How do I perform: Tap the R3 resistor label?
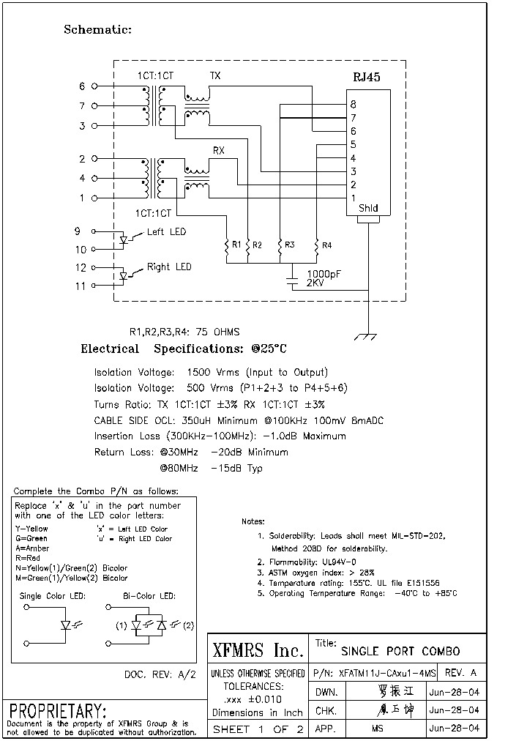tap(289, 245)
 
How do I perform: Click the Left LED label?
tap(166, 232)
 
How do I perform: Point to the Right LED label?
tap(169, 267)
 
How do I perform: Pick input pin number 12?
tap(81, 268)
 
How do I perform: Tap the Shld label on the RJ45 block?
tap(368, 208)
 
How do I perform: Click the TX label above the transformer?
tap(215, 75)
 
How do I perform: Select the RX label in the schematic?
tap(218, 150)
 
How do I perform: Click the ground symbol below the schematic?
tap(365, 336)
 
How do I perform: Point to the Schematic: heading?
tap(97, 30)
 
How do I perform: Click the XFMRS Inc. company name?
tap(257, 650)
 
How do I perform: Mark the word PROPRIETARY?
tap(58, 711)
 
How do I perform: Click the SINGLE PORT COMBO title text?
tap(400, 651)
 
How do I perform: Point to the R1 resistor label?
tap(236, 245)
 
